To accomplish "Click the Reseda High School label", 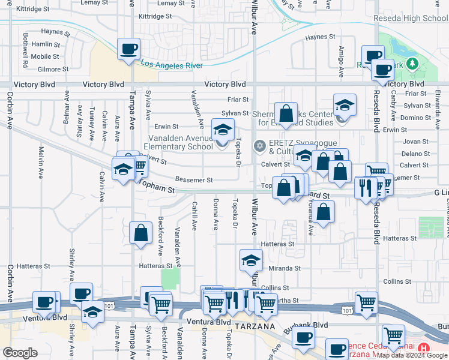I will (x=410, y=18).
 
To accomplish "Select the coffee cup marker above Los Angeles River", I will (x=128, y=50).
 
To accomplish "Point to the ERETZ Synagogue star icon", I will (x=260, y=145).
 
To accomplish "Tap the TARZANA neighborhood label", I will (x=255, y=326).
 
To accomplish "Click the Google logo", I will (x=20, y=353).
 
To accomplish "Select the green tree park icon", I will (x=412, y=64).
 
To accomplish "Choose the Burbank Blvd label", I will (x=313, y=325).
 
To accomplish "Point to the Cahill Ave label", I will (x=194, y=217).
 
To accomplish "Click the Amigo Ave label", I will (x=341, y=62).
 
